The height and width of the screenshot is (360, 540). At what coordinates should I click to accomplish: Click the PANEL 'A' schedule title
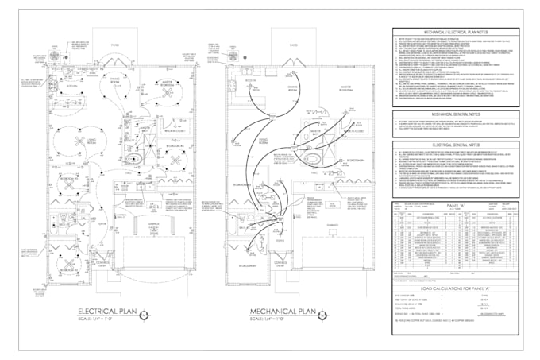point(455,204)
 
